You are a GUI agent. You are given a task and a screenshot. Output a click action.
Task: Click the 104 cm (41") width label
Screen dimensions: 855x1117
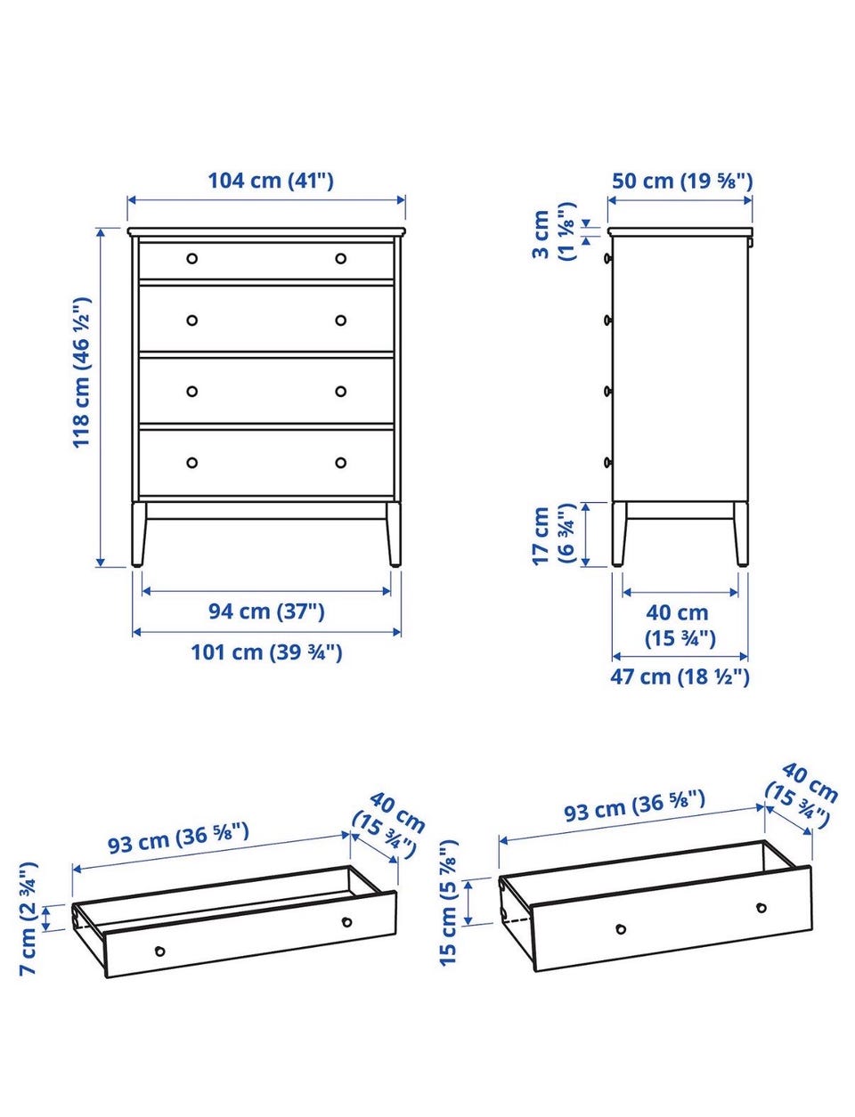coord(271,181)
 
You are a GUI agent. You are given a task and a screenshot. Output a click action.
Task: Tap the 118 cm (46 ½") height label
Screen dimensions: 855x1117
coord(82,372)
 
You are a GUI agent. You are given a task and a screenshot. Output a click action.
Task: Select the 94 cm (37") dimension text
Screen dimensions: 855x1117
coord(266,611)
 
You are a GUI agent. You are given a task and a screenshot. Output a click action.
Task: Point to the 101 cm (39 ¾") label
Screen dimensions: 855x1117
coord(266,652)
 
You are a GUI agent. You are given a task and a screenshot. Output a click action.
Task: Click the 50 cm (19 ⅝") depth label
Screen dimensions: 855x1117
coord(682,181)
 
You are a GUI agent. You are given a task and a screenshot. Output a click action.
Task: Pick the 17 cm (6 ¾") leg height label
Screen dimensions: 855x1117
coord(552,534)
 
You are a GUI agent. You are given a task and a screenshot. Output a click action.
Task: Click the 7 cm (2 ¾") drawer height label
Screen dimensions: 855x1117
coord(28,919)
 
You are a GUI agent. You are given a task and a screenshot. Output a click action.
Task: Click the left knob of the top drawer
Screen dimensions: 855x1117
coord(192,258)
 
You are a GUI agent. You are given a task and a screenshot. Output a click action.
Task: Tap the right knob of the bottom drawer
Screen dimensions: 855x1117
coord(341,463)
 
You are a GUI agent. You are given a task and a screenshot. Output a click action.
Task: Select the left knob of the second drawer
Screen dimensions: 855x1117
coord(192,320)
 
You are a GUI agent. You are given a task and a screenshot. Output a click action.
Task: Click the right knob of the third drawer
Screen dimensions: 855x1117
coord(341,392)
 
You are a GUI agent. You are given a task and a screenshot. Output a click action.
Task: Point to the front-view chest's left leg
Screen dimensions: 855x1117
coord(139,534)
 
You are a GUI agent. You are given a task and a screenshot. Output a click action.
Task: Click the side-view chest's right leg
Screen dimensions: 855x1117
coord(741,534)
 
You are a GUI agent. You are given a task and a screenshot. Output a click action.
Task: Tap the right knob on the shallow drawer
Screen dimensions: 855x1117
coord(346,921)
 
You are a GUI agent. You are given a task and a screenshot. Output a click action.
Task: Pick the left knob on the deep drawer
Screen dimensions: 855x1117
coord(621,928)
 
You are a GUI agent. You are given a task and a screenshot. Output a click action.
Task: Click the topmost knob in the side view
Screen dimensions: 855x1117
coord(608,258)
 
